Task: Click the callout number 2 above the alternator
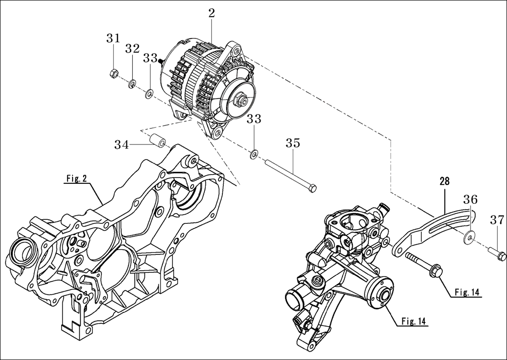[x=212, y=13]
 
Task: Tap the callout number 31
[x=113, y=38]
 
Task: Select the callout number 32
[x=132, y=48]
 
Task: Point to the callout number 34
[x=122, y=144]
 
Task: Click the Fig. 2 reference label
[x=76, y=179]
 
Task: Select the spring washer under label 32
[x=131, y=85]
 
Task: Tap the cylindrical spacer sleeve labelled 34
[x=157, y=141]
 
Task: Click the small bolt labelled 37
[x=499, y=254]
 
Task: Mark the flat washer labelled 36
[x=469, y=237]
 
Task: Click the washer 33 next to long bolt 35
[x=253, y=155]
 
